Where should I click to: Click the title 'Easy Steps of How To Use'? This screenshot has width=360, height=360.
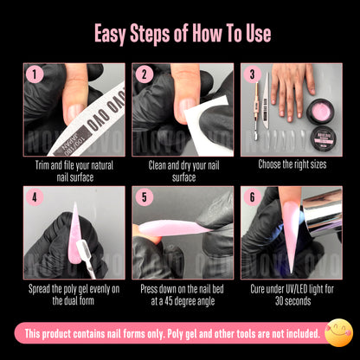[x=180, y=34]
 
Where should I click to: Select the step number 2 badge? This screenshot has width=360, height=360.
[x=144, y=75]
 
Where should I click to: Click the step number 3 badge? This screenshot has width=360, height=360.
[x=253, y=75]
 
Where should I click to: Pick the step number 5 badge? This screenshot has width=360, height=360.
[x=144, y=198]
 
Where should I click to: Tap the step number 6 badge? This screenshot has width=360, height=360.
[x=253, y=198]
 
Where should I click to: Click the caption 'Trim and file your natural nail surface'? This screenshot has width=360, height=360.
[x=73, y=170]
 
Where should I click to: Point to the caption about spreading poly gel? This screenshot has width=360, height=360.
[x=73, y=293]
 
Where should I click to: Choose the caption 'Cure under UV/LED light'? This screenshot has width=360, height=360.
[x=289, y=293]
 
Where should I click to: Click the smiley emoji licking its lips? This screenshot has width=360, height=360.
[x=337, y=333]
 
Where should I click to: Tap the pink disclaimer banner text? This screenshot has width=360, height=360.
[x=173, y=333]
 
